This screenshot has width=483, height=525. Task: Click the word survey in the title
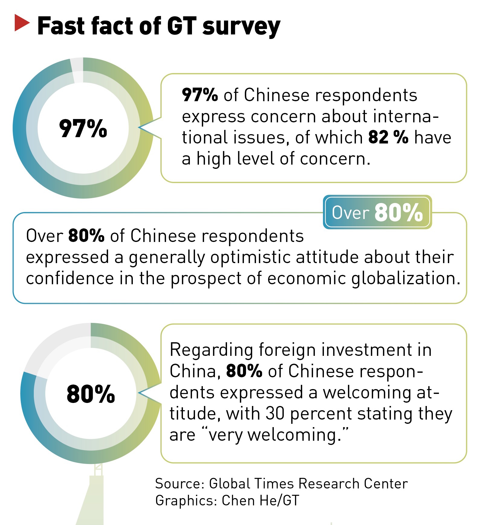241,27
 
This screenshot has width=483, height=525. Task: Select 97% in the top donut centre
83,128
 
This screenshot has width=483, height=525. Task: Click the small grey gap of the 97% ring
77,69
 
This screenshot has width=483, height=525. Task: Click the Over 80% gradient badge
377,212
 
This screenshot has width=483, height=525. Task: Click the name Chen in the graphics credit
238,500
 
